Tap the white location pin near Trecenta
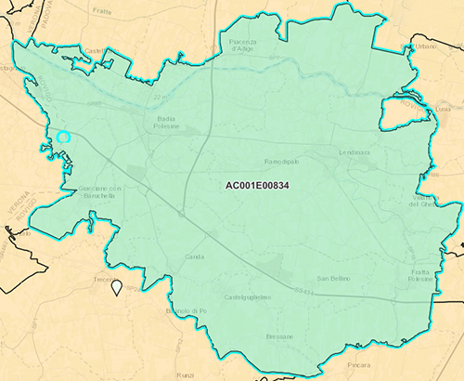coord(117,287)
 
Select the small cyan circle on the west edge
coord(63,138)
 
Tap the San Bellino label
coord(333,278)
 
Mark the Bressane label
coord(279,336)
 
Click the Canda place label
coord(195,256)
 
